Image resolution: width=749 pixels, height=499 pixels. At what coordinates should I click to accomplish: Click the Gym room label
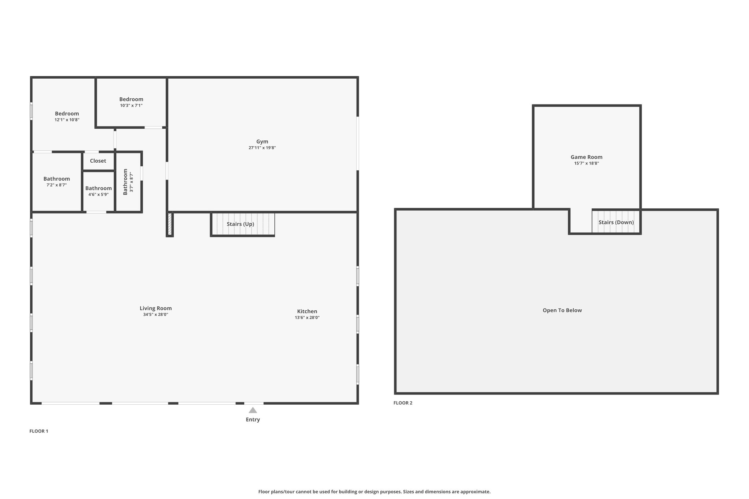coord(262,141)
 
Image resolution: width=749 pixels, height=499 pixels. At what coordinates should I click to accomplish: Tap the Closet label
coord(98,161)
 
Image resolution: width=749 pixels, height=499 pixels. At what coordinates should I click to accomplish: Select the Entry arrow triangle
coord(253,410)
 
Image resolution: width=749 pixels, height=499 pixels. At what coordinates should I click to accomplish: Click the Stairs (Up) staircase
coord(242,224)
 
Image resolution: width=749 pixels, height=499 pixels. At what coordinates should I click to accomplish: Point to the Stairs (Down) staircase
coord(616,222)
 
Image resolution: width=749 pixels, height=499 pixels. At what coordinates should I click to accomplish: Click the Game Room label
coord(587,157)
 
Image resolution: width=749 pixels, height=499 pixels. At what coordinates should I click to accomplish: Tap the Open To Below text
coord(562,310)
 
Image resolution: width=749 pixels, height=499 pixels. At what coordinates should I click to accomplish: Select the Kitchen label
coord(307,311)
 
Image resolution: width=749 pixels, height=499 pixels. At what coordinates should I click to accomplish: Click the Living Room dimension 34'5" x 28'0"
coord(156,314)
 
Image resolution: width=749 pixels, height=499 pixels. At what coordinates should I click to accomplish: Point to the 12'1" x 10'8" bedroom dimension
coord(67,120)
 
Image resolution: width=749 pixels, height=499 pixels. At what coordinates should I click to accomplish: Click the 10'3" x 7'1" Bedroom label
coord(131,99)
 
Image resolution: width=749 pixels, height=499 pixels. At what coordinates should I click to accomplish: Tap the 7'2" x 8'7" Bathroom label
coord(57,179)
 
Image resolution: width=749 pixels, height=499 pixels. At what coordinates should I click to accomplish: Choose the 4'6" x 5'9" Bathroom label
coord(98,188)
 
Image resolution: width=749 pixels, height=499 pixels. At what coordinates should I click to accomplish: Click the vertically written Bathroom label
coord(125,182)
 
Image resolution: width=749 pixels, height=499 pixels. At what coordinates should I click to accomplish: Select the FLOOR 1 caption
coord(39,431)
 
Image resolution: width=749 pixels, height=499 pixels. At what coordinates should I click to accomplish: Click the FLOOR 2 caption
coord(403,403)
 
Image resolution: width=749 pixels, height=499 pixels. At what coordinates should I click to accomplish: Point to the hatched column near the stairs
coord(170,224)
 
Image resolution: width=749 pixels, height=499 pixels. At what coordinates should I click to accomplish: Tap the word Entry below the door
coord(253,419)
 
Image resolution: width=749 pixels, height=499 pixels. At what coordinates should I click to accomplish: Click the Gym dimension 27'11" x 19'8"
coord(262,148)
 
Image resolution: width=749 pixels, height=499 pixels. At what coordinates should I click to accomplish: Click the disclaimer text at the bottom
coord(374,492)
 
